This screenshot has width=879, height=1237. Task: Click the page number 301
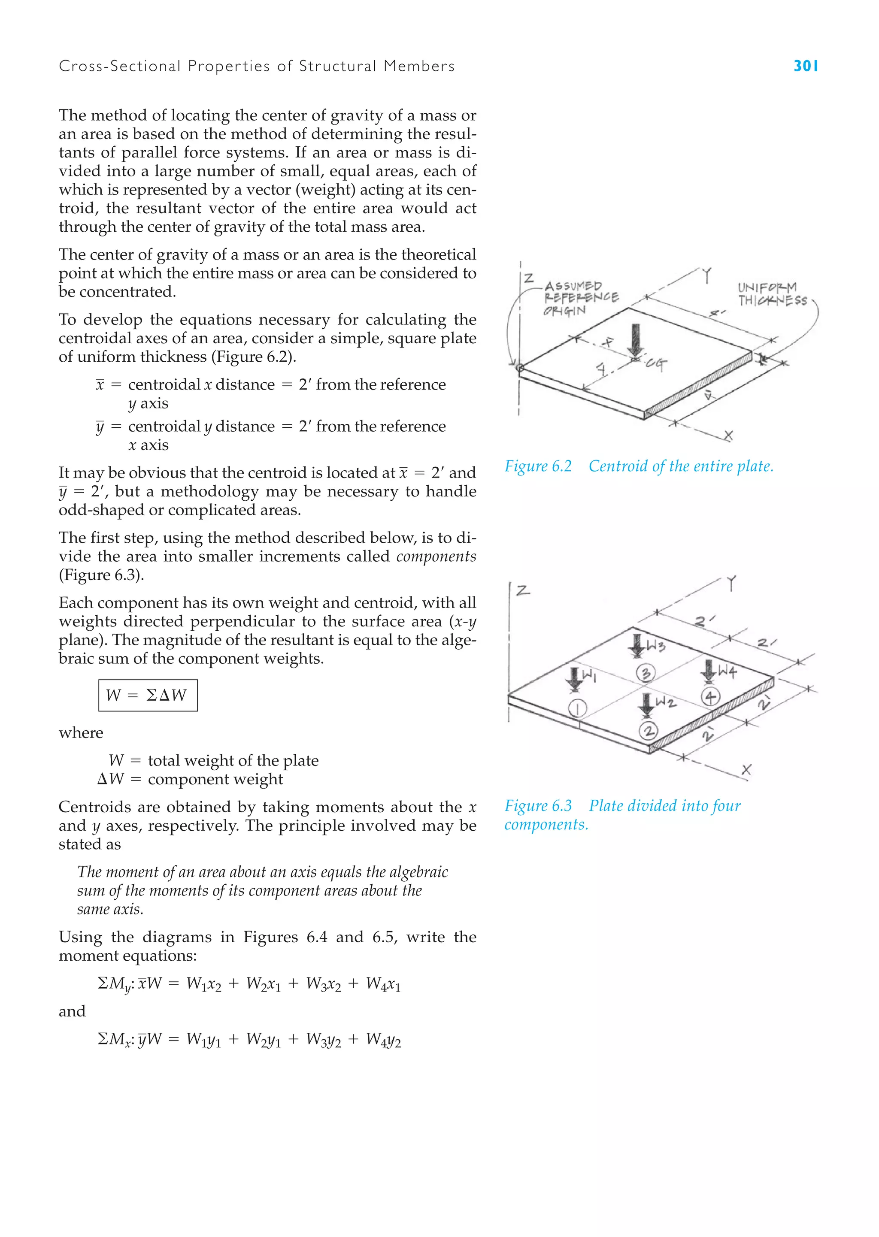805,66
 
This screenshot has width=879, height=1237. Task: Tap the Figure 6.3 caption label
538,806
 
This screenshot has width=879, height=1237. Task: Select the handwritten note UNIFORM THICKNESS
771,294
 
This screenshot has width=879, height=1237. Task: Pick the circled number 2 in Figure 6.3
649,731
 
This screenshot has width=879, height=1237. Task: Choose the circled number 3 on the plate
646,673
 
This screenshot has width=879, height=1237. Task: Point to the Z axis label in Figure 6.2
529,278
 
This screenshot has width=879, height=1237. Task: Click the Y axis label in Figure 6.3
731,584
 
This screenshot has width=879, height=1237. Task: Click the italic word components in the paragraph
436,556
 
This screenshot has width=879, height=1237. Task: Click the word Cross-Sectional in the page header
119,66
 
